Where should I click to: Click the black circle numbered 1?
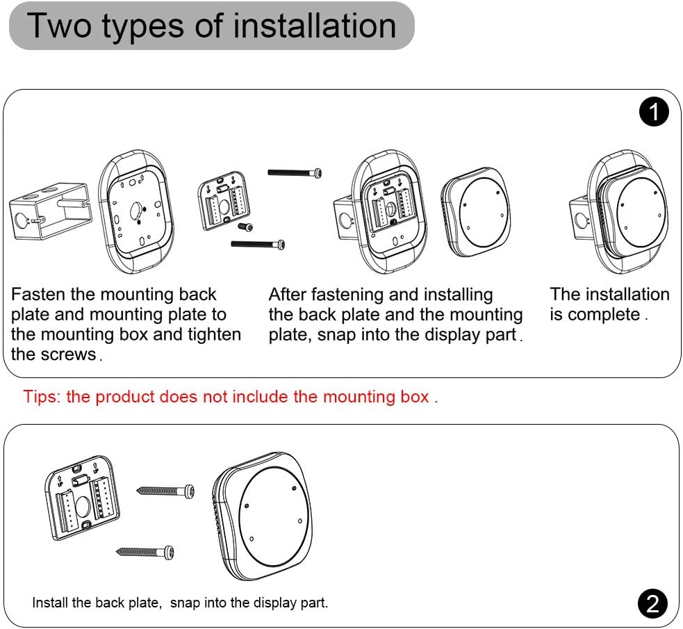653,113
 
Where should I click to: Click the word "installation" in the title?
314,26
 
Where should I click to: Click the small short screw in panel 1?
245,227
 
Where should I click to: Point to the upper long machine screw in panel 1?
295,172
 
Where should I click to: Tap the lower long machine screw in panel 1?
258,243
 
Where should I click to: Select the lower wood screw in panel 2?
145,553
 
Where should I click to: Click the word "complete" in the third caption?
603,315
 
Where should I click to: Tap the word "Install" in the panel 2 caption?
49,603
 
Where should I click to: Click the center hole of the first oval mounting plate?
139,206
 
